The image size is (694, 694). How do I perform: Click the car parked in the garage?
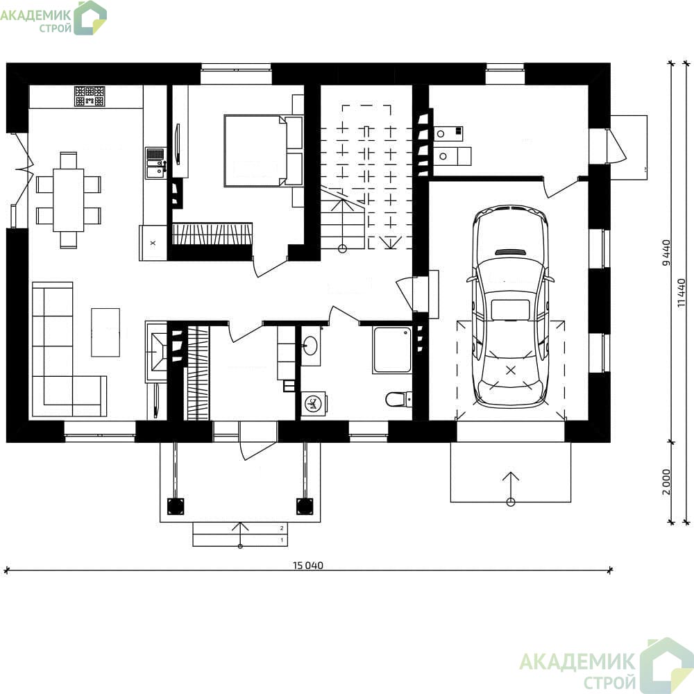point(510,306)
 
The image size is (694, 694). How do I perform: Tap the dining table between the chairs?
point(69,200)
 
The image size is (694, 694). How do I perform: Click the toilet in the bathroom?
point(398,399)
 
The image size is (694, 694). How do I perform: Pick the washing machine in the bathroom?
point(314,403)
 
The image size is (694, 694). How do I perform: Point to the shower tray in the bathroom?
point(392,350)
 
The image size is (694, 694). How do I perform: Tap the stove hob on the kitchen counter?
point(90,96)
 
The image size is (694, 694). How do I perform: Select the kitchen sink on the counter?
point(155,163)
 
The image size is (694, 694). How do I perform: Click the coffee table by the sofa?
point(105,332)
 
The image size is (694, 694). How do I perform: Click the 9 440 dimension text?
point(666,253)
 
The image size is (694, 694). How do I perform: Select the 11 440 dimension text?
point(682,293)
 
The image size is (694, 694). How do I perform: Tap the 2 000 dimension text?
point(666,482)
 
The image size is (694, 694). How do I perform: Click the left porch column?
point(176,507)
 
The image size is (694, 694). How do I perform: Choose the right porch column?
point(305,507)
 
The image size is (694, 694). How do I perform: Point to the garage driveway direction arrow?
point(511,489)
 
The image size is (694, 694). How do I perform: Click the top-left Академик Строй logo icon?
point(90,18)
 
